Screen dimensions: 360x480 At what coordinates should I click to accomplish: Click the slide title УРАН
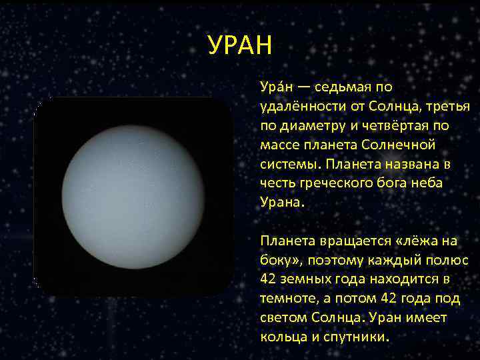[x=240, y=47]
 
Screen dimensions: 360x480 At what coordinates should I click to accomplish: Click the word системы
[x=285, y=164]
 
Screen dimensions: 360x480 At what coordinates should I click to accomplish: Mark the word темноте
[x=287, y=298]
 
